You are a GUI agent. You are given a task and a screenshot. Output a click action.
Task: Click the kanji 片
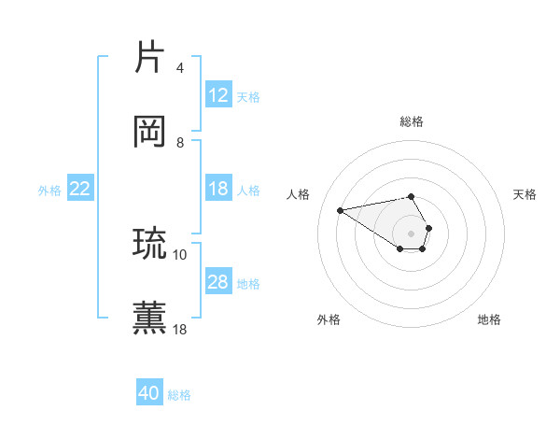tap(150, 57)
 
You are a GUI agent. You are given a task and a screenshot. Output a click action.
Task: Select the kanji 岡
tap(150, 132)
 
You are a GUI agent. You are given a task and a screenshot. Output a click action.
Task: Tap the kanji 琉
tap(150, 243)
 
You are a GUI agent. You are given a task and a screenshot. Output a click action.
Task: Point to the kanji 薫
tap(150, 318)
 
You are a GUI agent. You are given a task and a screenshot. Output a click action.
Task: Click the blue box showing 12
tap(218, 95)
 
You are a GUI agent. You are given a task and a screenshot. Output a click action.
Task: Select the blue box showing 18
tap(218, 189)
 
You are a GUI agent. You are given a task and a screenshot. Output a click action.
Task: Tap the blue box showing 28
tap(218, 282)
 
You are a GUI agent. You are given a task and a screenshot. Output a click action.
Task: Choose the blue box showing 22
tap(80, 189)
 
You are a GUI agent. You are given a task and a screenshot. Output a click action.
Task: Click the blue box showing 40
tap(149, 393)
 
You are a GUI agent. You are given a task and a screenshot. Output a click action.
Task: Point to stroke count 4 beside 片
tap(179, 68)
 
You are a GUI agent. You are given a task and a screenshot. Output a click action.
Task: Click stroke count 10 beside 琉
tap(180, 254)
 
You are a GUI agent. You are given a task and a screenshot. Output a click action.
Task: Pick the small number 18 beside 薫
tap(180, 329)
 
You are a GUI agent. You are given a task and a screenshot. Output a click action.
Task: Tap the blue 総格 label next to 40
tap(179, 395)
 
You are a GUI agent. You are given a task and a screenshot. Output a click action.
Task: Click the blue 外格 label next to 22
tap(49, 191)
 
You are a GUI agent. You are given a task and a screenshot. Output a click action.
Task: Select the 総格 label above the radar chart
tap(412, 121)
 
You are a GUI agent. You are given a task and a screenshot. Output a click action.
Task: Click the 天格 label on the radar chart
tap(525, 194)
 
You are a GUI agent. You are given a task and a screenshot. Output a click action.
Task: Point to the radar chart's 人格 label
tap(298, 194)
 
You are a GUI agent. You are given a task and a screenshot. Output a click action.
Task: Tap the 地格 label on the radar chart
tap(489, 319)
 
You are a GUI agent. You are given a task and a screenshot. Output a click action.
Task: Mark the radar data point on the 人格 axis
tap(341, 209)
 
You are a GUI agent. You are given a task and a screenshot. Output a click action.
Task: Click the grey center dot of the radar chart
tap(412, 233)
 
